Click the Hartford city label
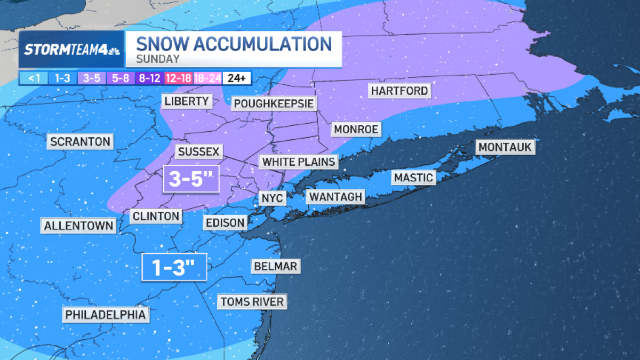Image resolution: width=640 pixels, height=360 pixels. pos(399,91)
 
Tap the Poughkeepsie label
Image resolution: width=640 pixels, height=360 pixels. pos(274,103)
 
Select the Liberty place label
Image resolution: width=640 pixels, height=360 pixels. pos(186,101)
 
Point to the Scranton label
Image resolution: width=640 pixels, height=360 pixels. pos(81,142)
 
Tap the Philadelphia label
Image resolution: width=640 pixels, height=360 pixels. pos(105,315)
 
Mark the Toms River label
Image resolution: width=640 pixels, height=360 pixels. pos(252,302)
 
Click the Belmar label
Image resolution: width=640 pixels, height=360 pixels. pos(275,266)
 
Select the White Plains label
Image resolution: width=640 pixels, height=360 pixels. pos(299,162)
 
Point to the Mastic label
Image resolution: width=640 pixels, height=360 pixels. pos(413,178)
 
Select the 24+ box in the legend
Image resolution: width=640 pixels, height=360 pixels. pos(236,78)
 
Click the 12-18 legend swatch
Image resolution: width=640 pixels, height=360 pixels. pos(178,78)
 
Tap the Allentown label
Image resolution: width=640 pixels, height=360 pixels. pos(79,226)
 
